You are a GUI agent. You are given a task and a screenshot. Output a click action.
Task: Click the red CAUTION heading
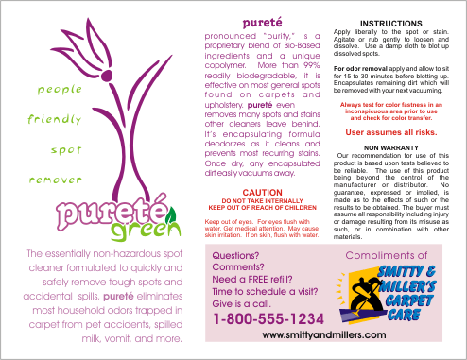256,192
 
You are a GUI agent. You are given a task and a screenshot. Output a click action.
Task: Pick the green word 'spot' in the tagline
64,148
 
